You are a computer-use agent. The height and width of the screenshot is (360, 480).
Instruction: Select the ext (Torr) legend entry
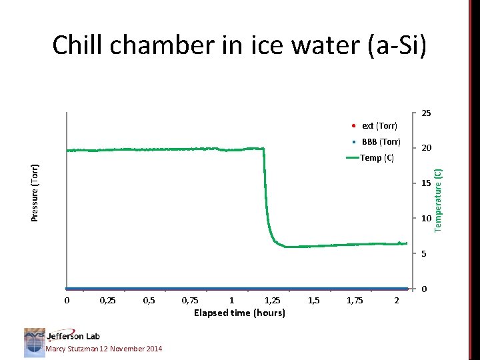(379, 125)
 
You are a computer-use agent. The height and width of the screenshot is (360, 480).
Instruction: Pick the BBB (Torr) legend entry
(381, 142)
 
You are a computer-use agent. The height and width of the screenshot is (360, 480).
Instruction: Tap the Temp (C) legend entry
(377, 158)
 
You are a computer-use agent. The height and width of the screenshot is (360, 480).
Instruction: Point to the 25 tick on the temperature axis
(425, 113)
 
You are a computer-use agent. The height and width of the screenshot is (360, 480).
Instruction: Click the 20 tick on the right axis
(425, 148)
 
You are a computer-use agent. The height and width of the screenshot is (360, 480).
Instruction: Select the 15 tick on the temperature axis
(425, 183)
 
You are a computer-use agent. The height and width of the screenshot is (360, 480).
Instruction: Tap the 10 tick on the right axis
(425, 219)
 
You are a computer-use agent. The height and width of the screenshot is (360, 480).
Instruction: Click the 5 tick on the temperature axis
(423, 254)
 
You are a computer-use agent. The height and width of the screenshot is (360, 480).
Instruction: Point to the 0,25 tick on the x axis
(107, 301)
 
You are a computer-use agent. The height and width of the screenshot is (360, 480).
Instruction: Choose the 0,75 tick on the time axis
(190, 301)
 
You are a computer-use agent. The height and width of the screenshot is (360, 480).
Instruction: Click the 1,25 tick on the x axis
(273, 301)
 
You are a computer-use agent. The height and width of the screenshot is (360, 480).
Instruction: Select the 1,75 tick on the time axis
(355, 301)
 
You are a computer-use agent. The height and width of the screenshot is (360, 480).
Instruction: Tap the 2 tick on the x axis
(397, 301)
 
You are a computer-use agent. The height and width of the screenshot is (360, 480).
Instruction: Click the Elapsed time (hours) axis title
(239, 313)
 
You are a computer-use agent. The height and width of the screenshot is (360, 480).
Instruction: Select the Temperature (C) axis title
(439, 201)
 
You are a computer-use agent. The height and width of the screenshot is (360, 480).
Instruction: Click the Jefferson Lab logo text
(73, 337)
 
